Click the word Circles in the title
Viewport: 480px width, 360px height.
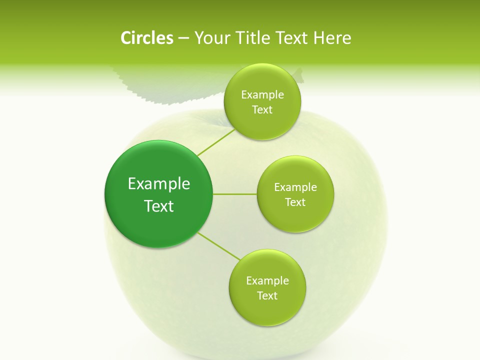coord(146,38)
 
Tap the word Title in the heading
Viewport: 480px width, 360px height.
coord(255,38)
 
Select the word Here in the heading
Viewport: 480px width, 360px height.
coord(333,38)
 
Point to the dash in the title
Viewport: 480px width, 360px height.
coord(183,38)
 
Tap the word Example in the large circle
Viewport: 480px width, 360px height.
coord(159,184)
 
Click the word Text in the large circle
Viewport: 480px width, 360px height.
coord(159,206)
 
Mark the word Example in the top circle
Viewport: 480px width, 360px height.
coord(262,94)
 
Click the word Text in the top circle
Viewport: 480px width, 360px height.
coord(262,109)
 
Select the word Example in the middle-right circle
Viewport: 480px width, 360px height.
coord(295,187)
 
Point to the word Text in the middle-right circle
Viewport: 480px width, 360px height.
coord(295,202)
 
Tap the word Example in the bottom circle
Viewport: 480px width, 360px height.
coord(267,280)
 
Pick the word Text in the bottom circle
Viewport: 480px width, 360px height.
coord(267,295)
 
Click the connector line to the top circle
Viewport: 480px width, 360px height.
coord(216,142)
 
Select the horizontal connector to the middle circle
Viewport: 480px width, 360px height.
coord(235,194)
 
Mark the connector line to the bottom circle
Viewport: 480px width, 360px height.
coord(219,245)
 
